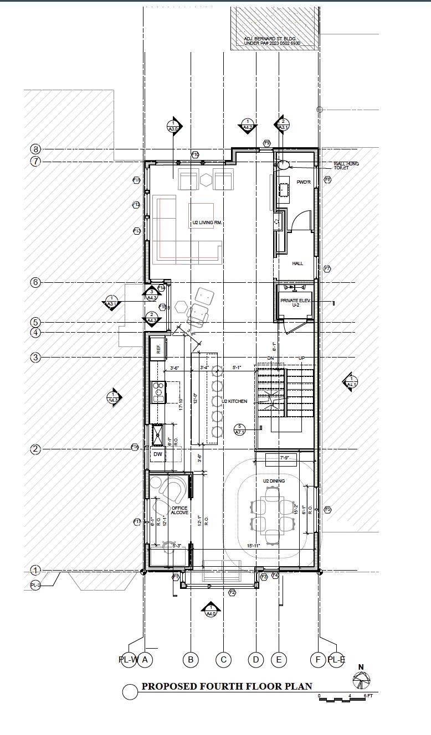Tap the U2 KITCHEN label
(234, 401)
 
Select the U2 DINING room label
(274, 481)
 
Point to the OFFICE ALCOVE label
(179, 510)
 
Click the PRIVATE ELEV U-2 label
(296, 302)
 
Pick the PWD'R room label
(303, 182)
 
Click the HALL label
(297, 263)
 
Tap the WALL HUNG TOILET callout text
(341, 165)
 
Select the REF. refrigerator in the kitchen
(158, 349)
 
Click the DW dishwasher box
(158, 454)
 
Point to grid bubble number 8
(36, 149)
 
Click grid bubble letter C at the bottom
(223, 659)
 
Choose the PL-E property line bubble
(336, 659)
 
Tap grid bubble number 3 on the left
(36, 358)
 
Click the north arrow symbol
(361, 680)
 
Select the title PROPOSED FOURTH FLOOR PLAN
(227, 686)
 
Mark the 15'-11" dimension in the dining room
(254, 546)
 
